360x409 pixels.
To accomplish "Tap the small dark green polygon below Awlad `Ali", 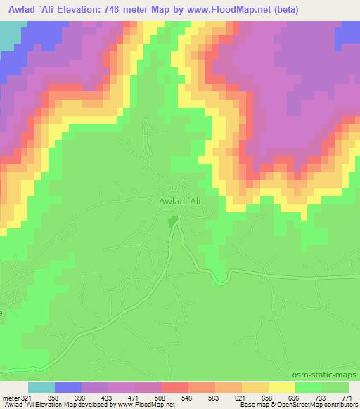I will click(172, 221).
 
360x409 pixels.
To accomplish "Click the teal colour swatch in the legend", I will click(41, 388).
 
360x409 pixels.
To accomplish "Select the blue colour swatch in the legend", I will click(67, 388).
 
